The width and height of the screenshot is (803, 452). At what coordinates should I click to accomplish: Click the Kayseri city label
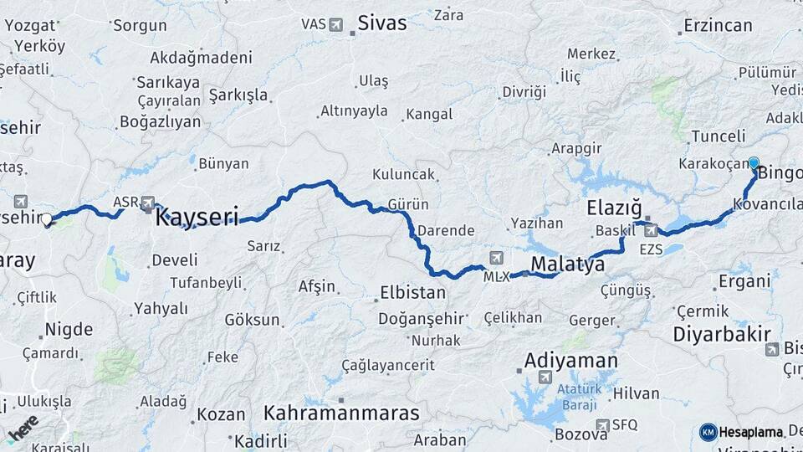[x=197, y=218]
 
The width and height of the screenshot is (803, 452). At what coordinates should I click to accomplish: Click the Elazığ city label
[x=613, y=207]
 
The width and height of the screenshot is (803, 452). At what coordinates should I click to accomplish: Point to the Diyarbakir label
[x=721, y=334]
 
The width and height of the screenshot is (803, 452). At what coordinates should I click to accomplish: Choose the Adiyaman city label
[x=571, y=362]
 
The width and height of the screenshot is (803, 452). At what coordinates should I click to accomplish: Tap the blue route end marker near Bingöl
[x=754, y=164]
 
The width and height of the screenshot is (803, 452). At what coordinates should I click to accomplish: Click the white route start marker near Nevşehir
[x=47, y=220]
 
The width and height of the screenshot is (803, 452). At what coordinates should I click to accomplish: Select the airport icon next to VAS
[x=336, y=24]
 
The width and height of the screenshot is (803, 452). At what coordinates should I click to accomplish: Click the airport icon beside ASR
[x=148, y=202]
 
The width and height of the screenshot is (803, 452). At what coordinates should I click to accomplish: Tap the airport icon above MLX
[x=498, y=257]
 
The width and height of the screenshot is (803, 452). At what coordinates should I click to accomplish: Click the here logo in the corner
[x=23, y=429]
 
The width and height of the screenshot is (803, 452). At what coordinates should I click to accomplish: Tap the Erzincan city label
[x=718, y=25]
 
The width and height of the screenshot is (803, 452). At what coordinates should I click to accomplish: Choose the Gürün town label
[x=408, y=204]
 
